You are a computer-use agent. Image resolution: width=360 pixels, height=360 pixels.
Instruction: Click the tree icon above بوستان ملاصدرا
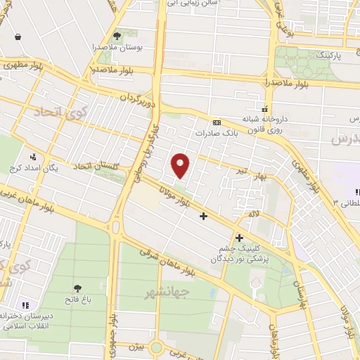(117, 34)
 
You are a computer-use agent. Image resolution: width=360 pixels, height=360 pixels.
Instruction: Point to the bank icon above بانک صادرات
(217, 121)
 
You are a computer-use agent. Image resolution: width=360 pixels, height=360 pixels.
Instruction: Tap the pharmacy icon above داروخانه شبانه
(265, 108)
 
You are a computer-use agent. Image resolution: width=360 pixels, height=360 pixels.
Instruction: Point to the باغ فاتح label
(75, 299)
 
